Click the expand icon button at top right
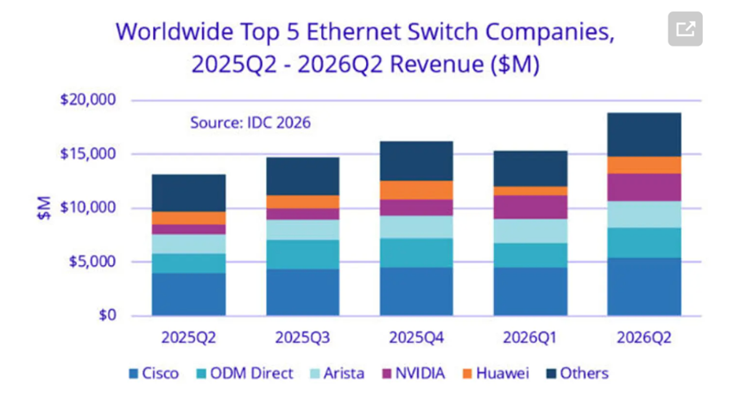(685, 28)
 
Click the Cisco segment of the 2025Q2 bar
(188, 294)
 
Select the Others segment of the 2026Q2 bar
(644, 135)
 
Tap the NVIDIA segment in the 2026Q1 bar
(530, 207)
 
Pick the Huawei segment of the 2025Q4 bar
(416, 190)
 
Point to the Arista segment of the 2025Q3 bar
(302, 230)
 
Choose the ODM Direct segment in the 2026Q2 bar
(644, 243)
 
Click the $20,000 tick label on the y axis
(88, 99)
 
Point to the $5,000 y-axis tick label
(92, 262)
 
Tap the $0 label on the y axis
(107, 315)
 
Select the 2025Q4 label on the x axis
(416, 338)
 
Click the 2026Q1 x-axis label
(530, 338)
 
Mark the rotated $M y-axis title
(44, 207)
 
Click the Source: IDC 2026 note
(250, 123)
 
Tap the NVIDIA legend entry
(414, 373)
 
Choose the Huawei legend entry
(496, 373)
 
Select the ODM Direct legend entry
(245, 373)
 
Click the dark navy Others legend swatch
(551, 374)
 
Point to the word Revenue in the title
(437, 64)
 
